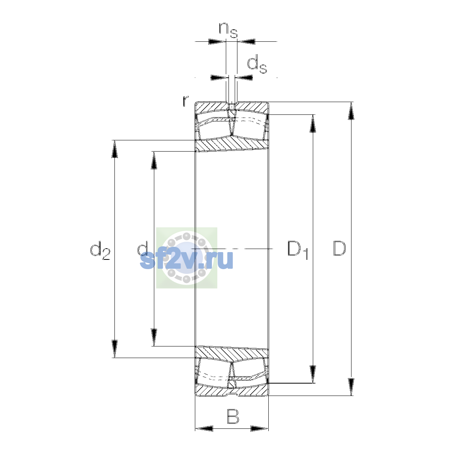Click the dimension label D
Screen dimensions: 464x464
339,248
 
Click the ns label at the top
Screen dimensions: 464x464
228,30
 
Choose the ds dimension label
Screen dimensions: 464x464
257,64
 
